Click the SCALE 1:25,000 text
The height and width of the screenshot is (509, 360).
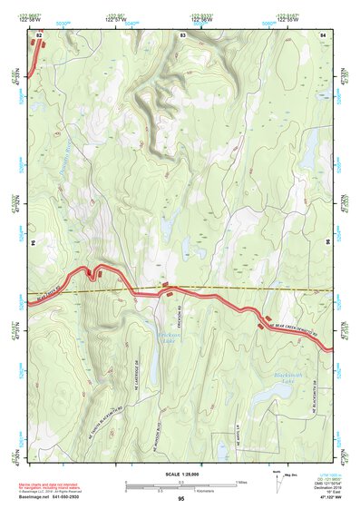tap(180, 475)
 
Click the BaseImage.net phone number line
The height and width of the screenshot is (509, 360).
tap(50, 496)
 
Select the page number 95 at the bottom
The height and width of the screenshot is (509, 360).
tap(180, 498)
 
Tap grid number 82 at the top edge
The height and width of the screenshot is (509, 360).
tap(39, 34)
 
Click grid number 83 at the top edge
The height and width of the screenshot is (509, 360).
tap(182, 34)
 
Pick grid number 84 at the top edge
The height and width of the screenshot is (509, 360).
tap(323, 34)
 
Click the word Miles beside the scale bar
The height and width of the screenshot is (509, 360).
tap(241, 481)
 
